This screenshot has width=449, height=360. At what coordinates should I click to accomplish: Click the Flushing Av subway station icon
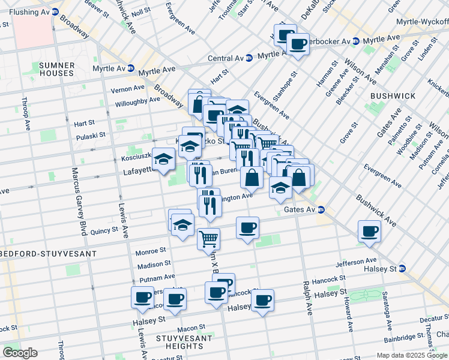55,11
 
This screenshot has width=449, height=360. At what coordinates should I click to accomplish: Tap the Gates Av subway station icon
321,210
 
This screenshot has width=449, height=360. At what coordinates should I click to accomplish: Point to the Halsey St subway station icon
402,268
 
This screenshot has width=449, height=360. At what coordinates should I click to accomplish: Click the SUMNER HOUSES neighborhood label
56,69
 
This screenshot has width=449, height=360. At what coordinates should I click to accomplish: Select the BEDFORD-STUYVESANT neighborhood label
48,254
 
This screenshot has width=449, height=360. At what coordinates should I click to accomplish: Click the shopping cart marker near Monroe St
208,238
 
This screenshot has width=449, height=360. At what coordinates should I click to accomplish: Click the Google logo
20,353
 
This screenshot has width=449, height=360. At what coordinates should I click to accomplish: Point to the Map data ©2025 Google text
412,355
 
